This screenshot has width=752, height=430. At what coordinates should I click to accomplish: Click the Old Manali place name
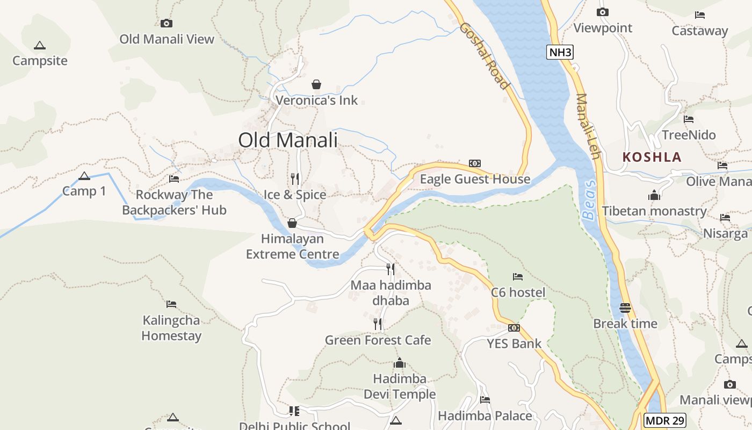[x=288, y=140]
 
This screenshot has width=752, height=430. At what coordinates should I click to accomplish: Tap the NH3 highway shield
[x=560, y=52]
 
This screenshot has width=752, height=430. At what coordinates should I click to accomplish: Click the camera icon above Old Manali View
[x=167, y=23]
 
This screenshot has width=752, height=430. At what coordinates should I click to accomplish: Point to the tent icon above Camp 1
[x=84, y=176]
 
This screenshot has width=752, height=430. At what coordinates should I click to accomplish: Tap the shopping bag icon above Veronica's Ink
[x=316, y=84]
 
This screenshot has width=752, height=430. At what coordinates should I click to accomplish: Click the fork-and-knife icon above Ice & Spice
[x=294, y=178]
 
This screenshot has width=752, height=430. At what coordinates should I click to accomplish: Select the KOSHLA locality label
[x=652, y=157]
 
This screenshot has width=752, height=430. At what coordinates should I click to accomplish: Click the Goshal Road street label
[x=484, y=56]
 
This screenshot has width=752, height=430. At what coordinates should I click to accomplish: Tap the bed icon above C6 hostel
[x=518, y=277]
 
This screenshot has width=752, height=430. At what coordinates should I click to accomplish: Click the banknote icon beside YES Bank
[x=514, y=328]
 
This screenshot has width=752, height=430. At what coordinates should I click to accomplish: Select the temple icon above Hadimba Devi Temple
[x=400, y=363]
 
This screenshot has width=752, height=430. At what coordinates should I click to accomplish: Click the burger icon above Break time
[x=625, y=308]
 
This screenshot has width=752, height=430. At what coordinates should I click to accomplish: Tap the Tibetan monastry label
[x=654, y=211]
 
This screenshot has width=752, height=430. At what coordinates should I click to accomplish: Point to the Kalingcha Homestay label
[x=171, y=328]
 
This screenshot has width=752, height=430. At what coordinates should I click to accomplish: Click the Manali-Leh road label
[x=588, y=126]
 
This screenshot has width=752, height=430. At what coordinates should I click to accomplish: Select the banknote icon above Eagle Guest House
[x=475, y=163]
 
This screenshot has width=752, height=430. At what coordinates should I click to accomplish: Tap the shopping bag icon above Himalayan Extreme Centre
[x=292, y=223]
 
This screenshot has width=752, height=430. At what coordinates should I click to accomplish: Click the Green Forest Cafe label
[x=378, y=340]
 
